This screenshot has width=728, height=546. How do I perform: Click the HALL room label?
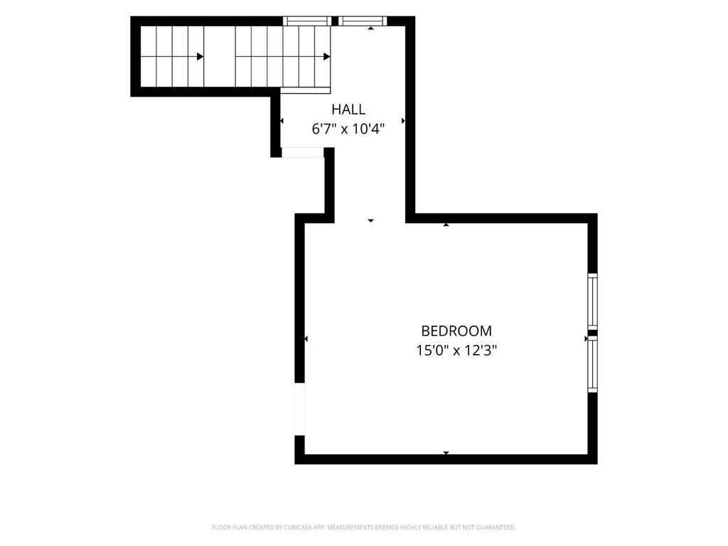click(348, 109)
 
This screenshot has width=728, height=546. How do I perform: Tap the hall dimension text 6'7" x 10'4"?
click(348, 129)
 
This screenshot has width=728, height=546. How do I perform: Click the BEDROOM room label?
click(456, 331)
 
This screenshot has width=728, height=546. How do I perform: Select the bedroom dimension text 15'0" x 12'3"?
click(456, 350)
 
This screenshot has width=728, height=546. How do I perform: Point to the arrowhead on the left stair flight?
click(200, 57)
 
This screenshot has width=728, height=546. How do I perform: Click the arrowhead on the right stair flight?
click(327, 57)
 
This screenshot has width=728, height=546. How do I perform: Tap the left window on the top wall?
click(307, 21)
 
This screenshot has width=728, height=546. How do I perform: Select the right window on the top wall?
click(362, 21)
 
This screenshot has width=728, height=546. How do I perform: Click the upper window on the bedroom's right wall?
click(592, 301)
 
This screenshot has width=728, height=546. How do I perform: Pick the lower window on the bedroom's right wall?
click(592, 365)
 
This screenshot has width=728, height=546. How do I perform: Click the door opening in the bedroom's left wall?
click(300, 409)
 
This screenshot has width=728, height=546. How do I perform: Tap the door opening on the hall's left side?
click(302, 152)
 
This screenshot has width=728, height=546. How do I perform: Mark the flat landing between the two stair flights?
click(220, 56)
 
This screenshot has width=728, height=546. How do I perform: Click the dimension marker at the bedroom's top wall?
click(446, 225)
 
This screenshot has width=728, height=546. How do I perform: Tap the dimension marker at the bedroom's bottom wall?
click(446, 453)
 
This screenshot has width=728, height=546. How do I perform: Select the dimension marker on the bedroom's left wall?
click(306, 339)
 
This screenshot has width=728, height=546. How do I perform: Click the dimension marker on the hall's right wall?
click(403, 121)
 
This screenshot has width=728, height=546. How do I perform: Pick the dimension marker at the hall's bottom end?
click(370, 220)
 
